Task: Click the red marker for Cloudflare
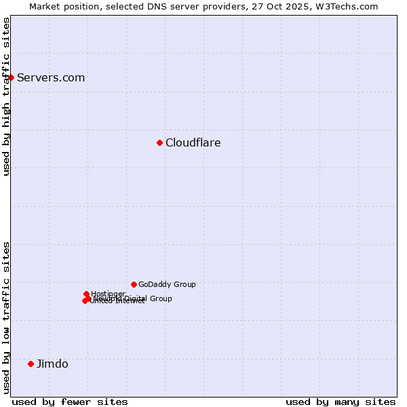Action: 159,142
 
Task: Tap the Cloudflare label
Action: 193,142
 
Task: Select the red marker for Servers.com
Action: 11,77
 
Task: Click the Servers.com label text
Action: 51,77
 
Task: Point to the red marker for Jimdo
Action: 31,364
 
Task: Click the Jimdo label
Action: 52,364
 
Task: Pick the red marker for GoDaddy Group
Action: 134,284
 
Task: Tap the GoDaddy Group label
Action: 167,284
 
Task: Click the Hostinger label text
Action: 108,294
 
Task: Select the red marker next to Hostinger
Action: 86,294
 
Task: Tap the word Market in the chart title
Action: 45,6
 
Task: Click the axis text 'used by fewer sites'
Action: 70,402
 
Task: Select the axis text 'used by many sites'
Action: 341,402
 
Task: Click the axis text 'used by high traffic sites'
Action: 6,96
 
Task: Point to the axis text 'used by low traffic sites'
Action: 6,317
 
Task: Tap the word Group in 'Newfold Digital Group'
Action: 161,298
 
